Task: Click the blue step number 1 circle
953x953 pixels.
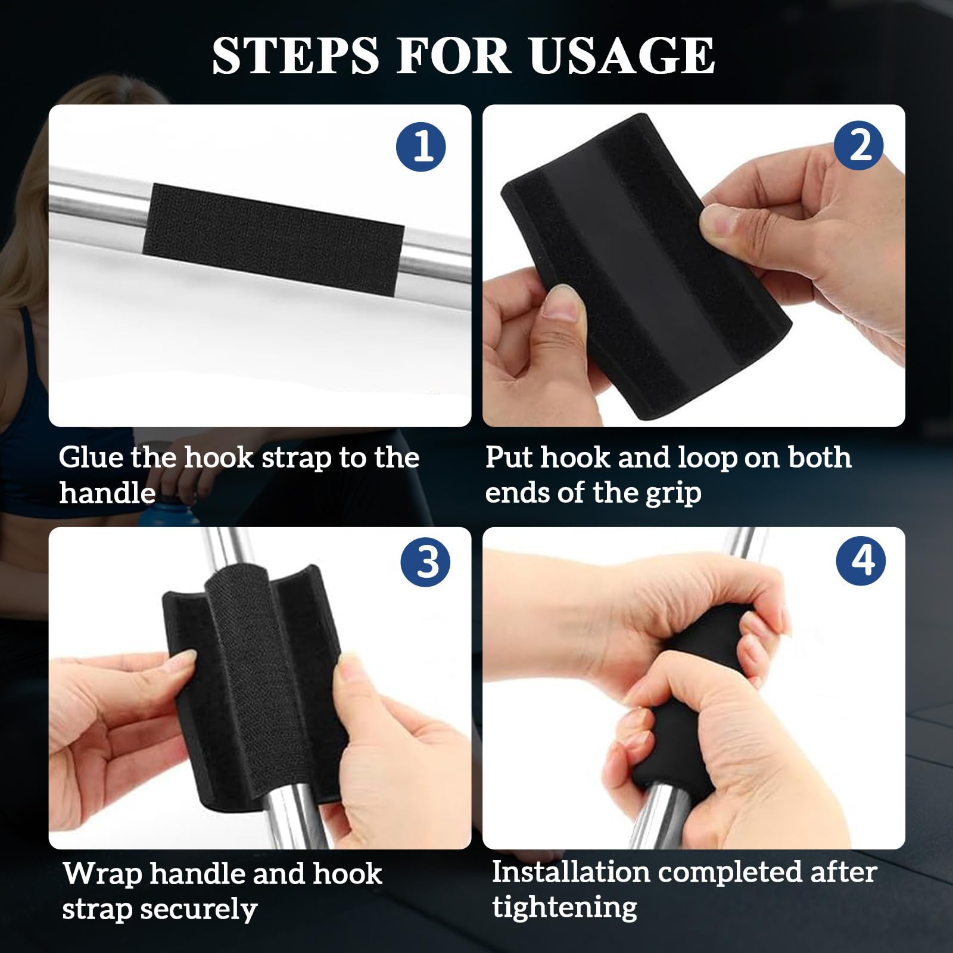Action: click(x=421, y=146)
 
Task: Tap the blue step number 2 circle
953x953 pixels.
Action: click(x=859, y=145)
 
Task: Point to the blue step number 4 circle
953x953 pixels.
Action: click(x=861, y=560)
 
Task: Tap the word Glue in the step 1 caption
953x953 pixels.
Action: click(x=91, y=457)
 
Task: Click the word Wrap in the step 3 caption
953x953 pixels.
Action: click(x=102, y=875)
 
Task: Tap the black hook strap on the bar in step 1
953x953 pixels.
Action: click(x=273, y=239)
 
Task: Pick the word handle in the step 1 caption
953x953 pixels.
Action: click(x=107, y=494)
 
